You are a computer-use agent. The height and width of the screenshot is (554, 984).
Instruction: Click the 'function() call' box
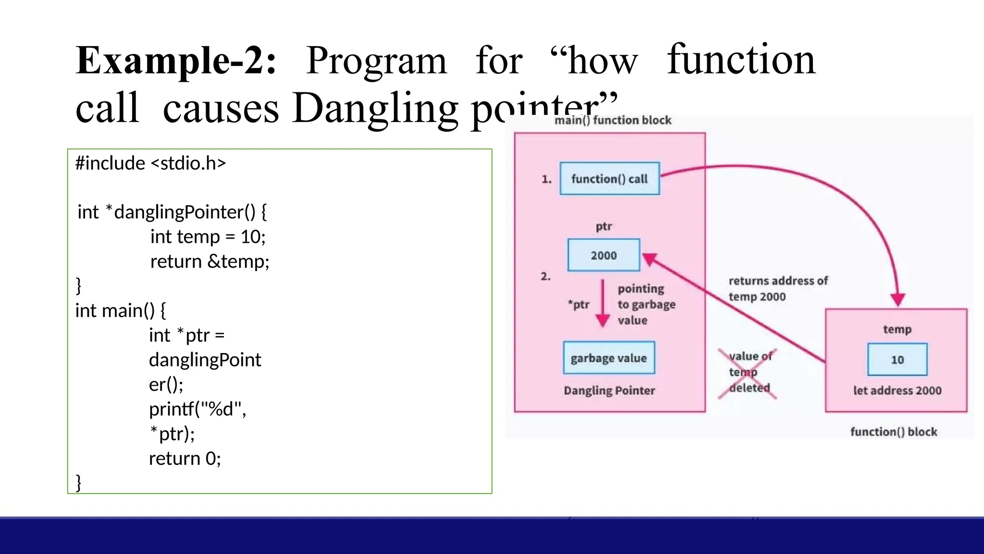609,179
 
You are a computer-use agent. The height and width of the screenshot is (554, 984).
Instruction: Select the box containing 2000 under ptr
603,255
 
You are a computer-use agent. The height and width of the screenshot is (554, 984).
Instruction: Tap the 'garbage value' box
609,358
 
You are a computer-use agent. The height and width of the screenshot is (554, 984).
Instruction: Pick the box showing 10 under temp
897,360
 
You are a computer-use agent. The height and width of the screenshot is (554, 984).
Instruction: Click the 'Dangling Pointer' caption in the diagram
609,390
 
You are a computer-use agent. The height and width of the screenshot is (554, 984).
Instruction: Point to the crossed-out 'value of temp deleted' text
749,372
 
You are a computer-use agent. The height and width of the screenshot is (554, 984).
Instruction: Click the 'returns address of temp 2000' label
777,289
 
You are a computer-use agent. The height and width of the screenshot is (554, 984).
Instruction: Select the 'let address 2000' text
897,390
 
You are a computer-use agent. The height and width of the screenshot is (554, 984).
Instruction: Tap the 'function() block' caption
893,432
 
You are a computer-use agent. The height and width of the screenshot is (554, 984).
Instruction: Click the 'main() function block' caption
613,120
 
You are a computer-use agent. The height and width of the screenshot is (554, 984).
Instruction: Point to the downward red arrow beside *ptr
603,304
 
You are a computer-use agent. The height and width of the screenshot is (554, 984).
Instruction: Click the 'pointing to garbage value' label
646,304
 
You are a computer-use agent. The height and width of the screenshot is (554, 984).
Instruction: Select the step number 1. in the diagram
546,179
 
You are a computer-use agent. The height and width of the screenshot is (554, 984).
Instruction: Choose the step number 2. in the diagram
545,277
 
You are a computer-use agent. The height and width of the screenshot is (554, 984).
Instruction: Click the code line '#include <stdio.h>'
150,164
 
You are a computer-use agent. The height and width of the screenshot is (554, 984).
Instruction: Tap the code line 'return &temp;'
209,262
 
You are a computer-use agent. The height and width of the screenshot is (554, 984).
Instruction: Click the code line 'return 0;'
184,459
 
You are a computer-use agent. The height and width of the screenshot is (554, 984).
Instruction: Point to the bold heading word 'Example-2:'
176,61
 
